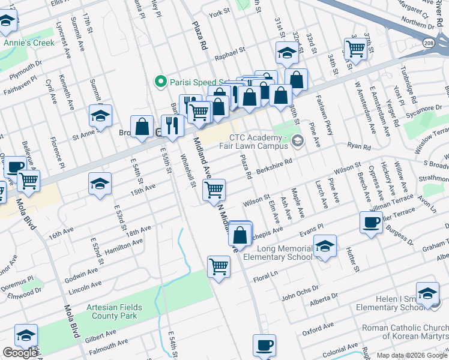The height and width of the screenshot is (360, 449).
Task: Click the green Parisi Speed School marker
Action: (160, 82)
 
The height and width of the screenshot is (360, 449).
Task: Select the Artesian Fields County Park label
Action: (114, 311)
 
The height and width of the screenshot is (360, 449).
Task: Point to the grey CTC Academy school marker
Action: (298, 140)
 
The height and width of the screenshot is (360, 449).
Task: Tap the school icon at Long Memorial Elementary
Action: (325, 245)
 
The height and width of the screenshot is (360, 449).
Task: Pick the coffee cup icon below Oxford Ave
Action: (264, 345)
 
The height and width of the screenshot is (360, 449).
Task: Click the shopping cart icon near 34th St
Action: (355, 48)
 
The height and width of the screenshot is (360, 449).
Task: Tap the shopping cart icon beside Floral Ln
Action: (218, 266)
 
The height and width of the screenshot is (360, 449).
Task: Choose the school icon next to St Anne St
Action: (100, 116)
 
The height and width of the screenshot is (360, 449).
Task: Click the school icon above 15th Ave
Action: (100, 183)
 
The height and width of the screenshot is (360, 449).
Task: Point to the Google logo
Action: (20, 353)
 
